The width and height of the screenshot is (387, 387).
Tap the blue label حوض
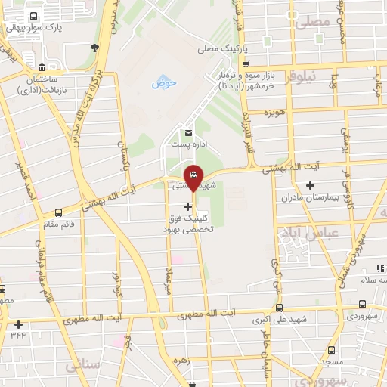[x=163, y=82]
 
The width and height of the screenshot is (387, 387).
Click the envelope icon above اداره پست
[x=178, y=133]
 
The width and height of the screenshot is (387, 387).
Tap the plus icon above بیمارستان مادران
[x=310, y=185]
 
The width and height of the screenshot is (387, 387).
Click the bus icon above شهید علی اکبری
[x=279, y=308]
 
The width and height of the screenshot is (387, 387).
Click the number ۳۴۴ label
[x=18, y=333]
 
